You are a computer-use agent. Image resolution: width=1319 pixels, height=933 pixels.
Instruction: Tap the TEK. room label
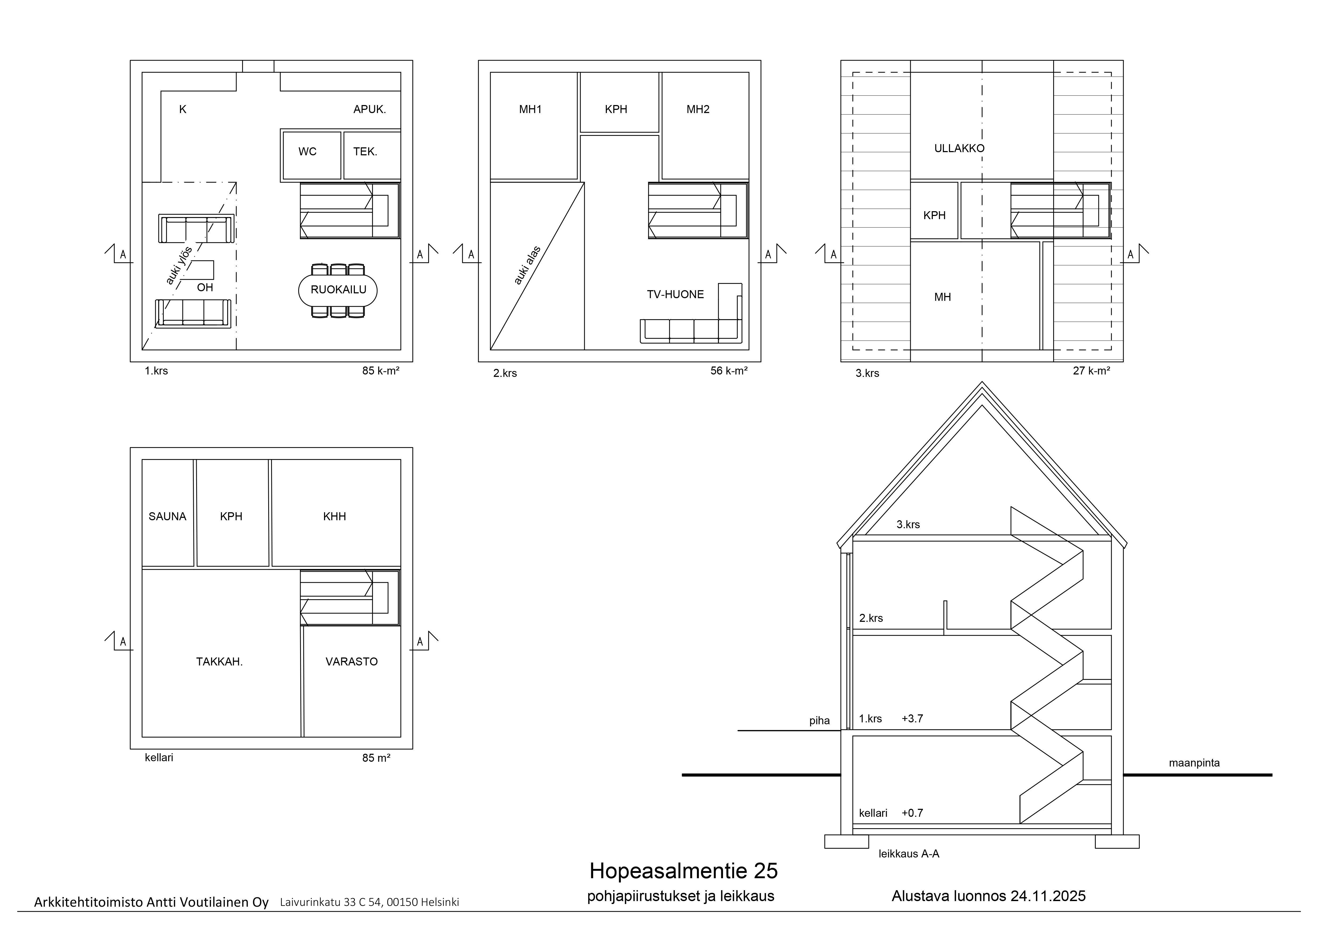[x=365, y=152]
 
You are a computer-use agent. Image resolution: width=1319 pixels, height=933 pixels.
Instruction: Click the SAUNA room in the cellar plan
[x=168, y=513]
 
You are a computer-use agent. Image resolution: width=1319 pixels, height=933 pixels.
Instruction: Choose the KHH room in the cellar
[x=336, y=513]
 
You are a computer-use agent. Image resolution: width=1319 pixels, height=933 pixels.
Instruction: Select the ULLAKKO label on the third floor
[x=959, y=148]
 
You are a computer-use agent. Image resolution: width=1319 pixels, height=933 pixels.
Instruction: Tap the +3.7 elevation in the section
[x=912, y=719]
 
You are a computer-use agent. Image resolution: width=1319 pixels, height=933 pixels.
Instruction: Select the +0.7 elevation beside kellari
[x=912, y=813]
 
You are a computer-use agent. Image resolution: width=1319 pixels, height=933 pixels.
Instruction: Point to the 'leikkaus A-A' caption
[x=909, y=854]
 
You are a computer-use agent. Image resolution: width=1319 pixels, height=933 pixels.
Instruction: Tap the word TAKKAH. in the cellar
[x=220, y=662]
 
